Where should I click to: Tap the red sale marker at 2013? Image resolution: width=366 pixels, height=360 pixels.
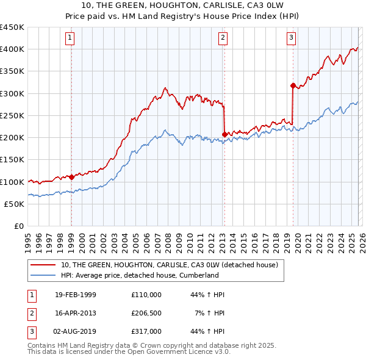(x=224, y=134)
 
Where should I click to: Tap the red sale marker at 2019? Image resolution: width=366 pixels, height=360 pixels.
(x=293, y=85)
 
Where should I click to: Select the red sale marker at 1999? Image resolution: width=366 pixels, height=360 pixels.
(x=71, y=177)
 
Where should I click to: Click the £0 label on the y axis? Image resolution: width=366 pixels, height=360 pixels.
(x=18, y=226)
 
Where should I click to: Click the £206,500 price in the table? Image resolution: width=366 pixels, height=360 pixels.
(x=146, y=313)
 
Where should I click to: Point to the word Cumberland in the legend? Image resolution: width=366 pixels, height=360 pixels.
(x=197, y=275)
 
